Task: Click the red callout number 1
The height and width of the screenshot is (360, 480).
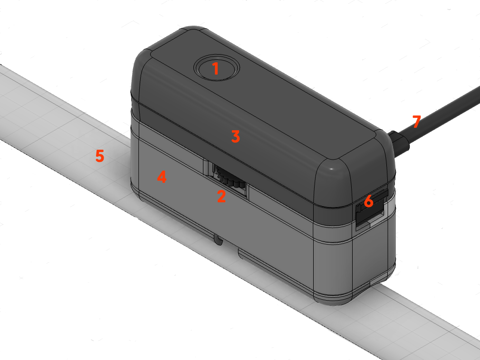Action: [216, 68]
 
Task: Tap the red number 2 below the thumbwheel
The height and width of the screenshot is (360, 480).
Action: [221, 196]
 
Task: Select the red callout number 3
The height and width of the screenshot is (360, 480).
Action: [235, 136]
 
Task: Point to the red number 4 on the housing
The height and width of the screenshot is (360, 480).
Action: [162, 177]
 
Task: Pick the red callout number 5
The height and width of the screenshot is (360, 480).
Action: [100, 156]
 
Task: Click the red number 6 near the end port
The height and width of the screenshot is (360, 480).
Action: [369, 201]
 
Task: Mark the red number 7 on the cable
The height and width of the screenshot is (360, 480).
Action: [417, 122]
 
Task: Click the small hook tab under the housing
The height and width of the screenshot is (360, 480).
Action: [218, 240]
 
